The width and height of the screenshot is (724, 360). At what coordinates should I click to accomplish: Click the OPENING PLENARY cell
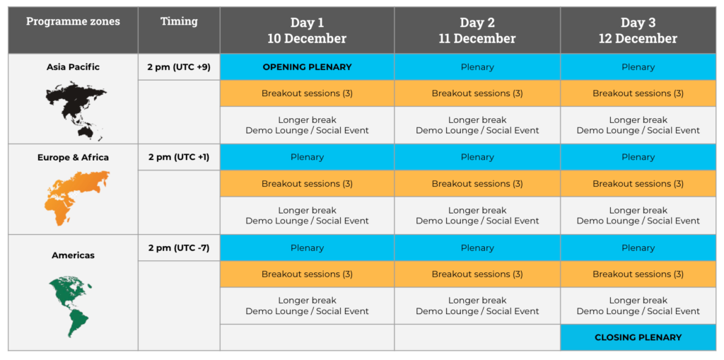point(307,67)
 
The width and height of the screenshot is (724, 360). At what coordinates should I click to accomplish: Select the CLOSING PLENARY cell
point(638,337)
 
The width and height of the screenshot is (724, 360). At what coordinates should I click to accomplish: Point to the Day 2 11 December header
point(477,30)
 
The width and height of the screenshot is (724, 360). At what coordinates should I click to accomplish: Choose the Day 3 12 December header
point(638,30)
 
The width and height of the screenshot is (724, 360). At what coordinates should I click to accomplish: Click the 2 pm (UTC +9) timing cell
point(179,67)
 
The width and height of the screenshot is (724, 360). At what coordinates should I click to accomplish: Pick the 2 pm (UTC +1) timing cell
point(179,157)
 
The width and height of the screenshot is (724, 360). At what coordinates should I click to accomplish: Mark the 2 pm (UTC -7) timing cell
point(179,248)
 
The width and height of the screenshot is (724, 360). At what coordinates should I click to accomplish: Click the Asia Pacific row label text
point(73,67)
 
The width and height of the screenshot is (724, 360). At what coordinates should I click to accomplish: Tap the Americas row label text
point(73,255)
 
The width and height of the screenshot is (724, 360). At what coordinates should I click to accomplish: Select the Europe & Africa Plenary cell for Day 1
point(307,157)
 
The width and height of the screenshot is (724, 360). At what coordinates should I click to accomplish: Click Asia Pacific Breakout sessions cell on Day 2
point(477,93)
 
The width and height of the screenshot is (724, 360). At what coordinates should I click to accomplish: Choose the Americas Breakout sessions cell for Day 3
point(638,274)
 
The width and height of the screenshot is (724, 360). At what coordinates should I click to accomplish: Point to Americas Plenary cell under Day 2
point(477,248)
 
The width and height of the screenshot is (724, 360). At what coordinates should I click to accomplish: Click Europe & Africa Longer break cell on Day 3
point(638,215)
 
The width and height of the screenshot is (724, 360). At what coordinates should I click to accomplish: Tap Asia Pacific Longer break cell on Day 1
point(307,125)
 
